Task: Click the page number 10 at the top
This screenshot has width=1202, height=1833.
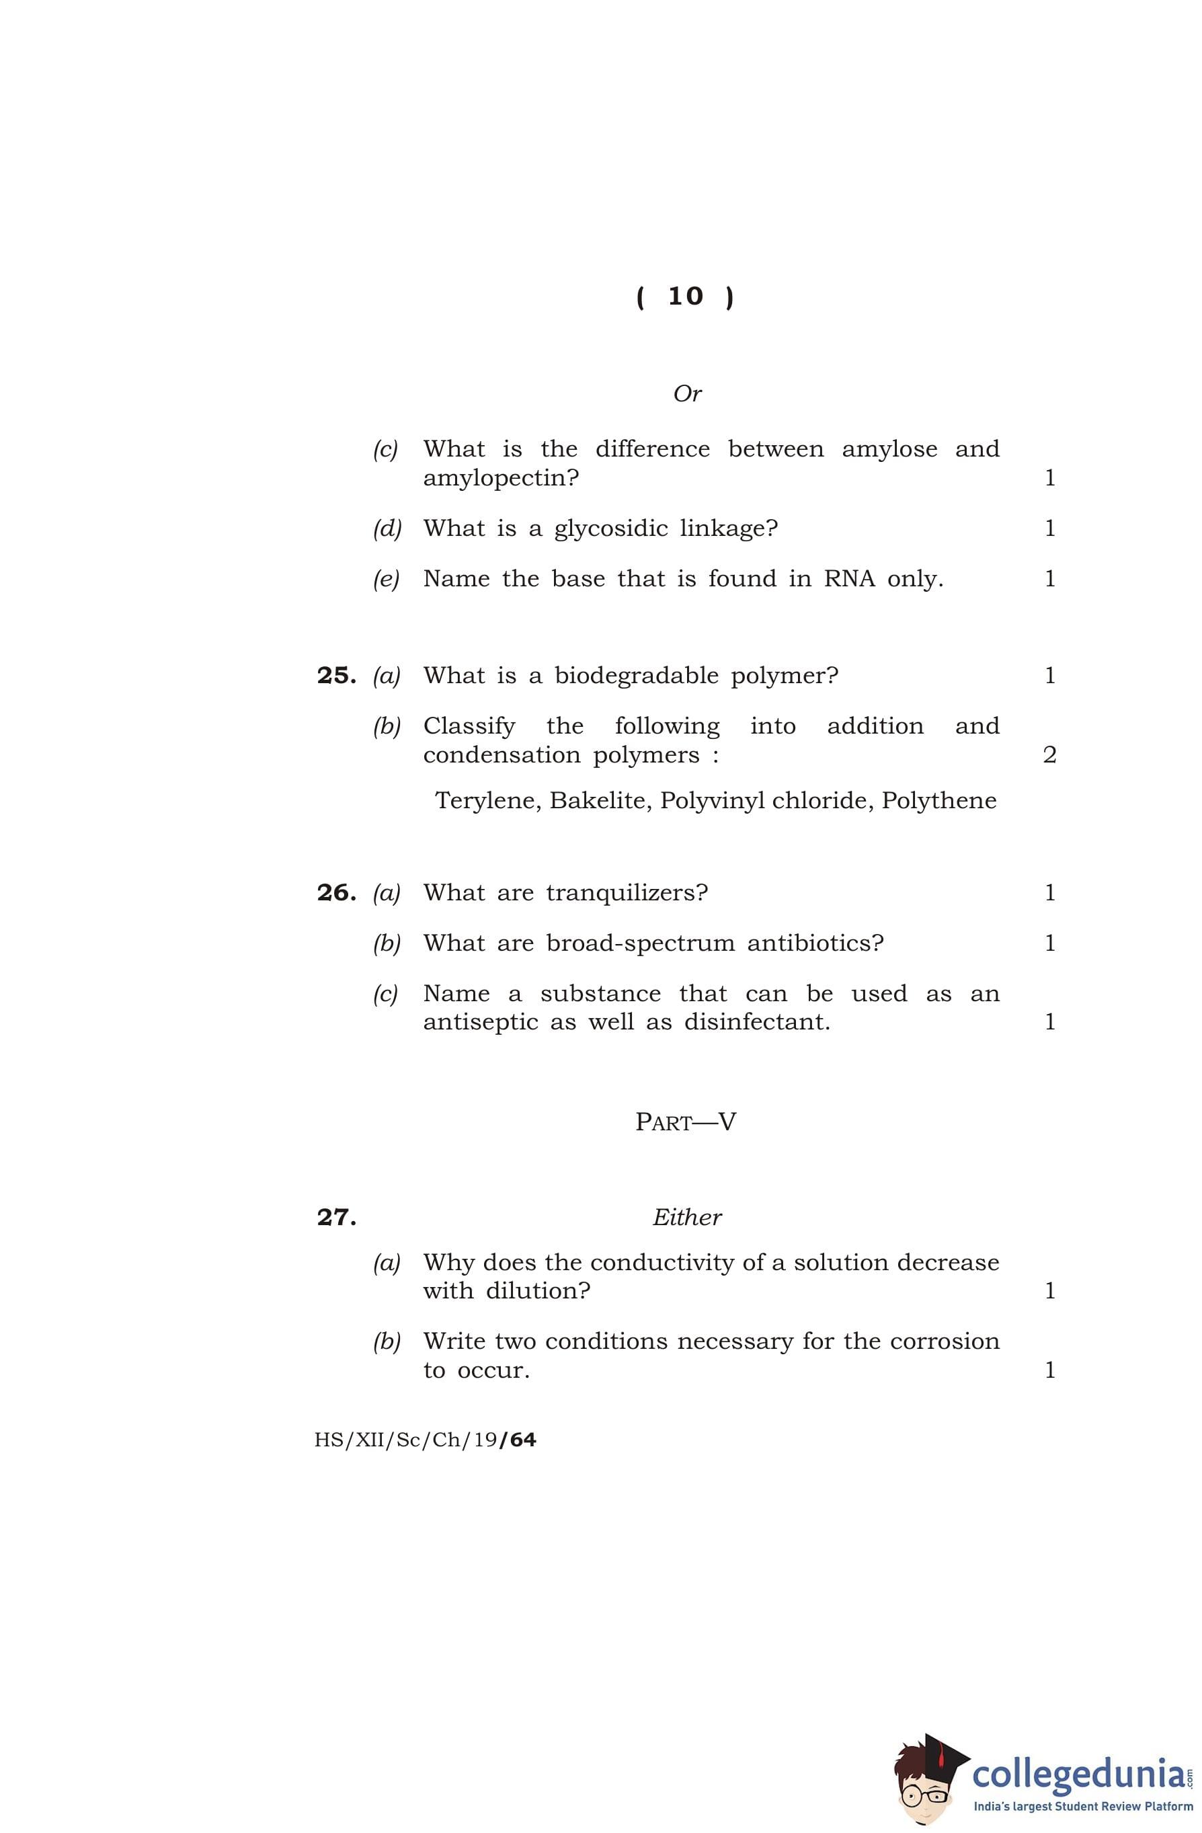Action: pos(684,297)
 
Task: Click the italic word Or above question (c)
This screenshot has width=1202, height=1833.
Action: pos(687,393)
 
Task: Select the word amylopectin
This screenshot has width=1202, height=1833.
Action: pos(501,478)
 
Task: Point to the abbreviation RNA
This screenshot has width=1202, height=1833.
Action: pos(848,578)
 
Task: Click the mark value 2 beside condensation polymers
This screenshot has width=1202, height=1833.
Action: pos(1049,754)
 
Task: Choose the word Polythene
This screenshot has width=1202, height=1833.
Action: pos(938,801)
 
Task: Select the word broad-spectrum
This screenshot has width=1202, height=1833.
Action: pos(640,943)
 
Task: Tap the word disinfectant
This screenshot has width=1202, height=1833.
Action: pos(757,1022)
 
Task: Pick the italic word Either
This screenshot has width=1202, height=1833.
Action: pos(687,1218)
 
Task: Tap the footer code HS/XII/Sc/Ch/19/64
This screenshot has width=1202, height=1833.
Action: pos(425,1440)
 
